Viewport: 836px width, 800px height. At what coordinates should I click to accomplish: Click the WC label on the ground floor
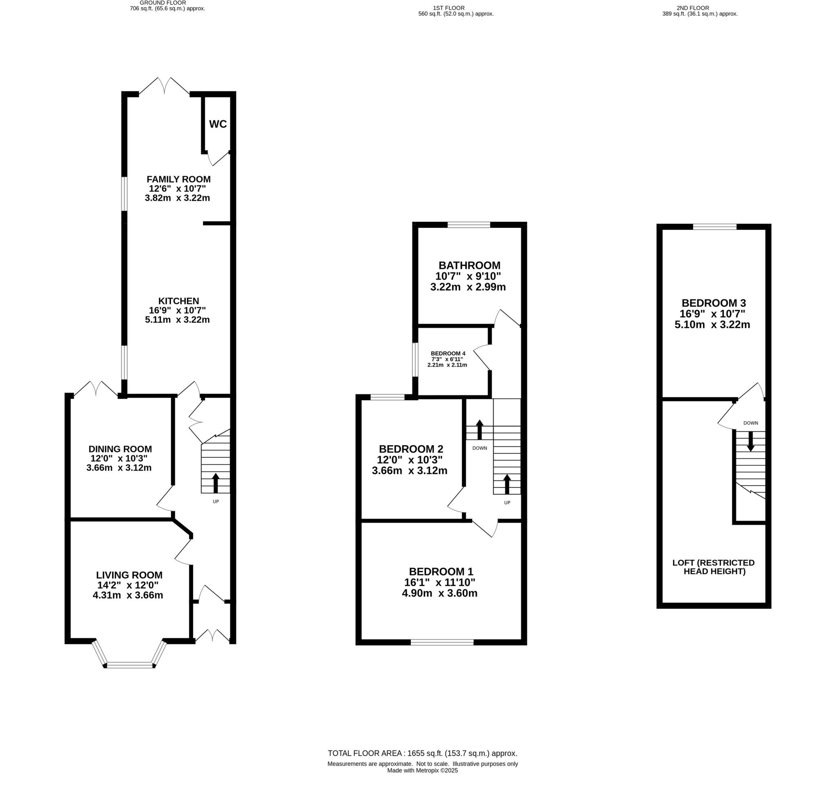click(218, 124)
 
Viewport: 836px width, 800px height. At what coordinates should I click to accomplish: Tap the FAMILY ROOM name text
click(179, 179)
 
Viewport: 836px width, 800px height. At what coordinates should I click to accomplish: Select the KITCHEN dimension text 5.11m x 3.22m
click(177, 319)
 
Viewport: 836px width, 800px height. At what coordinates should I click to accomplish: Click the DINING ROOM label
click(120, 449)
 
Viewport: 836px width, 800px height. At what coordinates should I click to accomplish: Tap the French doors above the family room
click(164, 87)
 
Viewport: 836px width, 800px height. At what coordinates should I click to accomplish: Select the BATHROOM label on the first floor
click(469, 265)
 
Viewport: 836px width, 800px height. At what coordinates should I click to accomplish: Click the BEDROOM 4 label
click(448, 353)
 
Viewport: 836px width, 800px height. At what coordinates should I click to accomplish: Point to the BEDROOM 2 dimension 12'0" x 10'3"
click(410, 460)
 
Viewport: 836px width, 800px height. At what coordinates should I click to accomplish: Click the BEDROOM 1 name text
click(441, 571)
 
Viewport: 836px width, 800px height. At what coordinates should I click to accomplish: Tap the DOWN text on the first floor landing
click(480, 448)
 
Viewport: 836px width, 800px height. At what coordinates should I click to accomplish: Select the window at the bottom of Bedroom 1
click(442, 642)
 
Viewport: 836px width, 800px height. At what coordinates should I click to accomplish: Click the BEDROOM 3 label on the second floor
click(714, 303)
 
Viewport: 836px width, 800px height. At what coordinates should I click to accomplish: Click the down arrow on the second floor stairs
click(751, 441)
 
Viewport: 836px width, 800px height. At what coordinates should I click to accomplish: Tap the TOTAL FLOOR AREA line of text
click(422, 753)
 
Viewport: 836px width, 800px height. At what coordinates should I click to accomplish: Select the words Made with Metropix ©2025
click(422, 771)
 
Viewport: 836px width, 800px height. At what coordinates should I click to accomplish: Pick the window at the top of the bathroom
click(469, 224)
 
